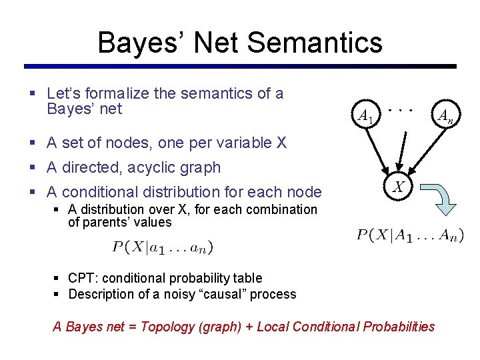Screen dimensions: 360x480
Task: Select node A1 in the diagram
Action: (x=365, y=117)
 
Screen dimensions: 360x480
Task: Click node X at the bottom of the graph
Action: (x=398, y=188)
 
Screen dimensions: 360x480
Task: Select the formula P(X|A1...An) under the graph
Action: (x=410, y=235)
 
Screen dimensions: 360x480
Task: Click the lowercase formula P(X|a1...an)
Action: (x=163, y=247)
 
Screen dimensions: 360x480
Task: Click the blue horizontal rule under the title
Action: (x=240, y=66)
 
